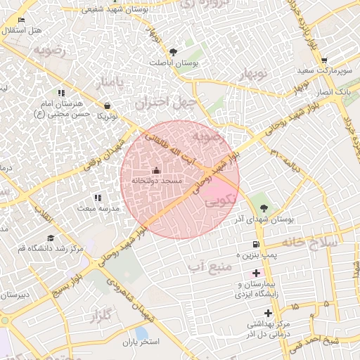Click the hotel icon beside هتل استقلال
point(21,20)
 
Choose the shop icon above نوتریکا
point(106,105)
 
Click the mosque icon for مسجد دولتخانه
point(156,171)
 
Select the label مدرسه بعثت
point(97,209)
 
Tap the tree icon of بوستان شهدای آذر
point(264,208)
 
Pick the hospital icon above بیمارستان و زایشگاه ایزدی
point(256,272)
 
